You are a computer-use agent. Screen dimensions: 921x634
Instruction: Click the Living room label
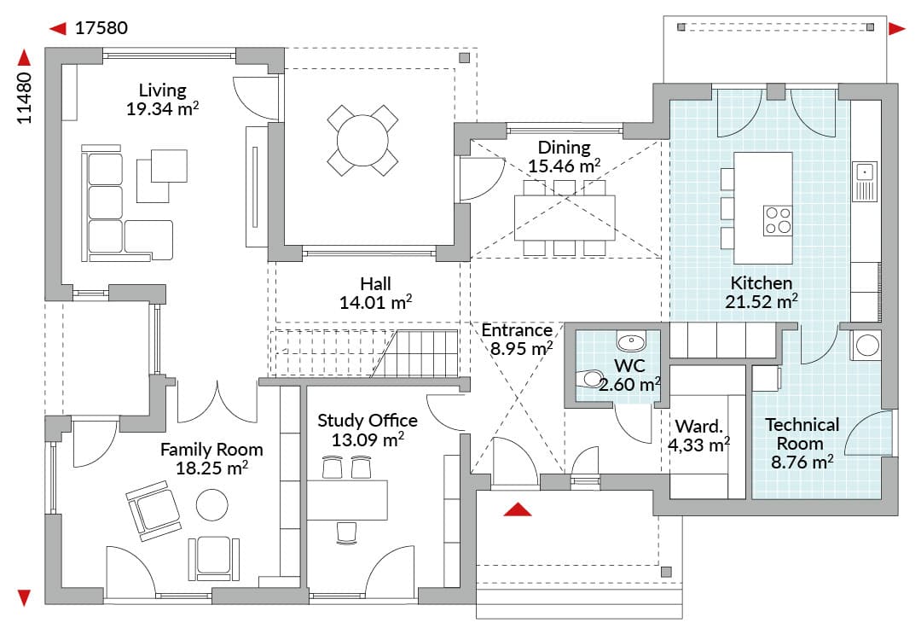click(163, 90)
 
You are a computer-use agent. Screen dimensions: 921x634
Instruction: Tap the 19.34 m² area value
click(163, 108)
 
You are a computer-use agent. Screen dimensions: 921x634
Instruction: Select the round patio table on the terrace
click(362, 141)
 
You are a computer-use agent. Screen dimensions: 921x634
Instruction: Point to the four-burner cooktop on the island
click(778, 220)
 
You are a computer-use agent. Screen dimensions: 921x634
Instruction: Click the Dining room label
click(564, 147)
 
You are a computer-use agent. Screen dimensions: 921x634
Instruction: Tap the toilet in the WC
click(590, 378)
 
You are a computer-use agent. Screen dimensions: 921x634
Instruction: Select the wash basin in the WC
click(631, 340)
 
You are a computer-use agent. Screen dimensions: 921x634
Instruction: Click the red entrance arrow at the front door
click(518, 509)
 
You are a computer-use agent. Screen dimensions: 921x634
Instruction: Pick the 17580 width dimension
click(101, 28)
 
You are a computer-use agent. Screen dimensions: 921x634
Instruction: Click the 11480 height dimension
click(24, 97)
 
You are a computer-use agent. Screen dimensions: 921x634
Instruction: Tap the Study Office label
click(368, 421)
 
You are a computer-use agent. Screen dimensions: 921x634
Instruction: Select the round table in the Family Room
click(212, 505)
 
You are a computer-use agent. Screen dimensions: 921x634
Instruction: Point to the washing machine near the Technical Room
click(866, 345)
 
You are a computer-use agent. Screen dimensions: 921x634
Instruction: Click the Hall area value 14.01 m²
click(375, 303)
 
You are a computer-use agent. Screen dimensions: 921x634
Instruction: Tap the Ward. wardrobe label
click(699, 426)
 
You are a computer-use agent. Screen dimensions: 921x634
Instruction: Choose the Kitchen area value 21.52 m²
click(762, 302)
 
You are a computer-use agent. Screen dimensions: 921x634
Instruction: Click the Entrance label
click(517, 330)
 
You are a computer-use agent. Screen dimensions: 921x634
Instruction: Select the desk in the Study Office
click(347, 500)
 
